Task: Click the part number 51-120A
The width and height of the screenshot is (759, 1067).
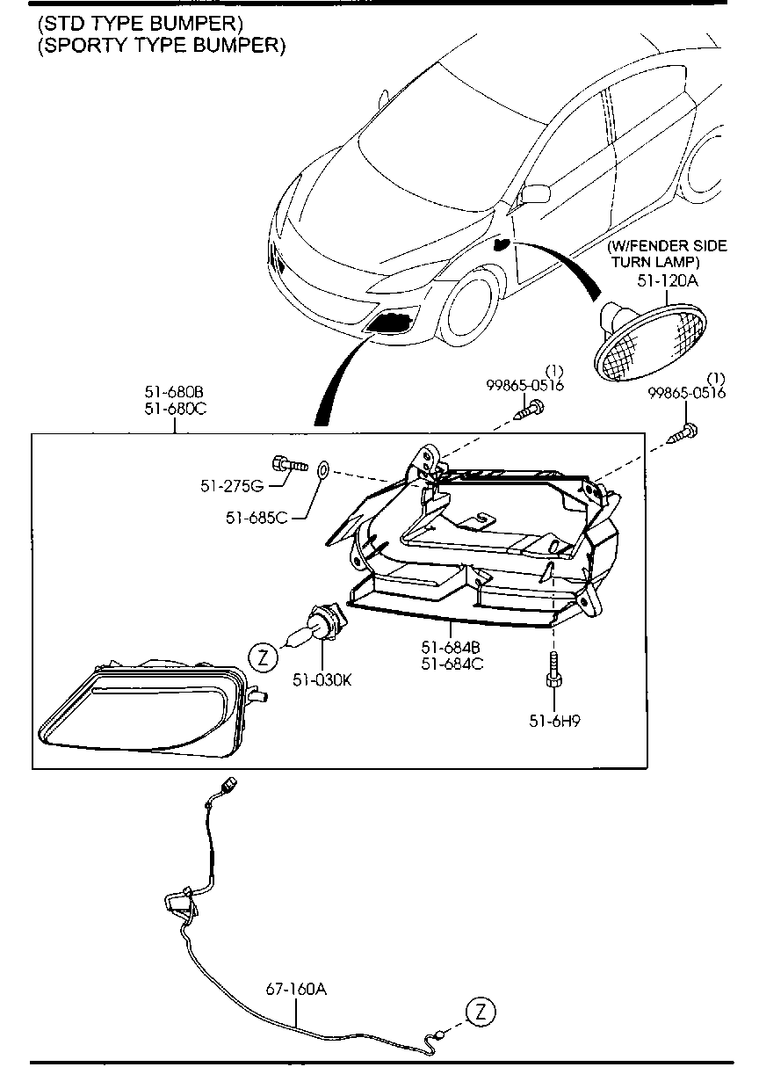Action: [x=666, y=280]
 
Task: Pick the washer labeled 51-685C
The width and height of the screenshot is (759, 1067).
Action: [x=322, y=470]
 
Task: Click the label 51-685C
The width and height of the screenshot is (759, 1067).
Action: [x=257, y=518]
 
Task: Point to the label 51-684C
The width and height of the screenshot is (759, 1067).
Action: [x=452, y=664]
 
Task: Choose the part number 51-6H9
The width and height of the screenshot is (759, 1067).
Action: [x=553, y=720]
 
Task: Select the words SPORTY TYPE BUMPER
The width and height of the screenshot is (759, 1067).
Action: [x=162, y=47]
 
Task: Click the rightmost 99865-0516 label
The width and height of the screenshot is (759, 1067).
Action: [x=687, y=393]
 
